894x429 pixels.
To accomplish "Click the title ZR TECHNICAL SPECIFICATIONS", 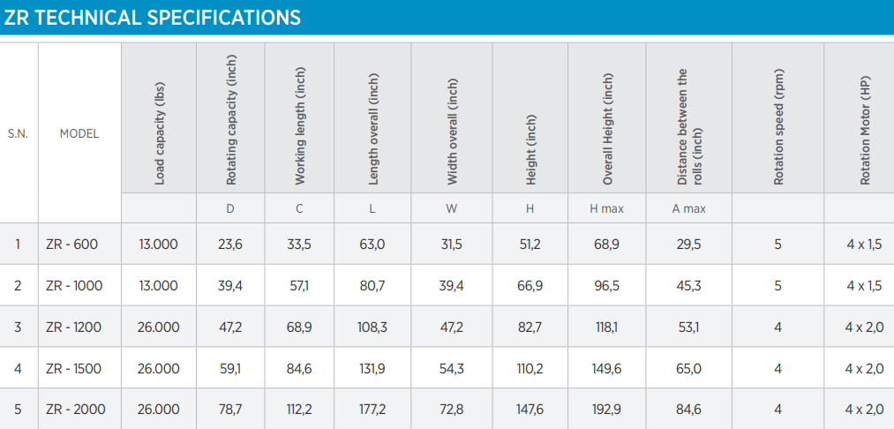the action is point(152,18).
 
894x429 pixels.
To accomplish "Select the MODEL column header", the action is point(79,134).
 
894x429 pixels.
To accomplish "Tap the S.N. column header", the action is point(18,134).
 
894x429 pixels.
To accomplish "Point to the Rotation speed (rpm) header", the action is point(778,126).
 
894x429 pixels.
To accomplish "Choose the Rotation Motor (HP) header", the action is point(866,130).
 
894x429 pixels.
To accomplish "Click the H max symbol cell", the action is point(606,209).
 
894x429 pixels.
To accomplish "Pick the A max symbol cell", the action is point(688,209).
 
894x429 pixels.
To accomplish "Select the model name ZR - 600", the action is point(71,245).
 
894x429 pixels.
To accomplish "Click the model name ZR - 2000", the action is point(75,409).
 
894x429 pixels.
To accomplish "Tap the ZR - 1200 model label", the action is point(73,327).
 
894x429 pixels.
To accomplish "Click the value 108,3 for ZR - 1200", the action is point(372,327).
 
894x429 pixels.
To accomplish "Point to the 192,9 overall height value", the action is point(606,409).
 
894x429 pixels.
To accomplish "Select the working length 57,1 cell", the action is point(299,285).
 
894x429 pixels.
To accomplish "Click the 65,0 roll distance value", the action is point(688,368).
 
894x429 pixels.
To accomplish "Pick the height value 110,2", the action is point(530,368).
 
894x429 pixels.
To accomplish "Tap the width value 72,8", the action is point(452,409).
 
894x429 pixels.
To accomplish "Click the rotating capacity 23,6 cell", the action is point(230,245).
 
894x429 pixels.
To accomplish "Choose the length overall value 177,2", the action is point(372,409).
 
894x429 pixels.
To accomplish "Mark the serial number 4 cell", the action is point(18,368).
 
